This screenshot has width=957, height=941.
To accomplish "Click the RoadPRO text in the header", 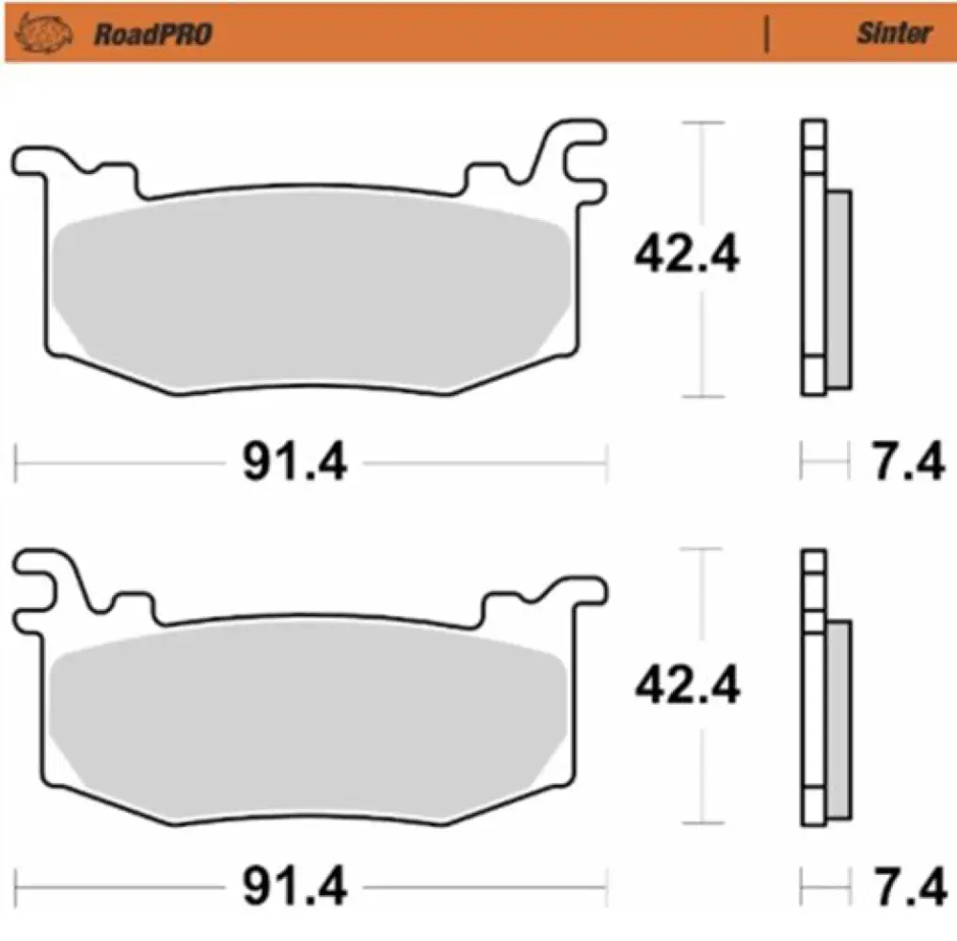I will tap(152, 36).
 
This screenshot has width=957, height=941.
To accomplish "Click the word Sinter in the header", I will tap(893, 34).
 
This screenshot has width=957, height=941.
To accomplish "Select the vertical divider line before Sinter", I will tap(769, 34).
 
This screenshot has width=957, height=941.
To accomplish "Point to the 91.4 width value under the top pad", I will tap(295, 463).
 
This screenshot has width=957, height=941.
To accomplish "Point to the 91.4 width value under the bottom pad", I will tap(295, 886).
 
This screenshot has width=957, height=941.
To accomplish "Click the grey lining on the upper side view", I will tap(837, 287).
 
